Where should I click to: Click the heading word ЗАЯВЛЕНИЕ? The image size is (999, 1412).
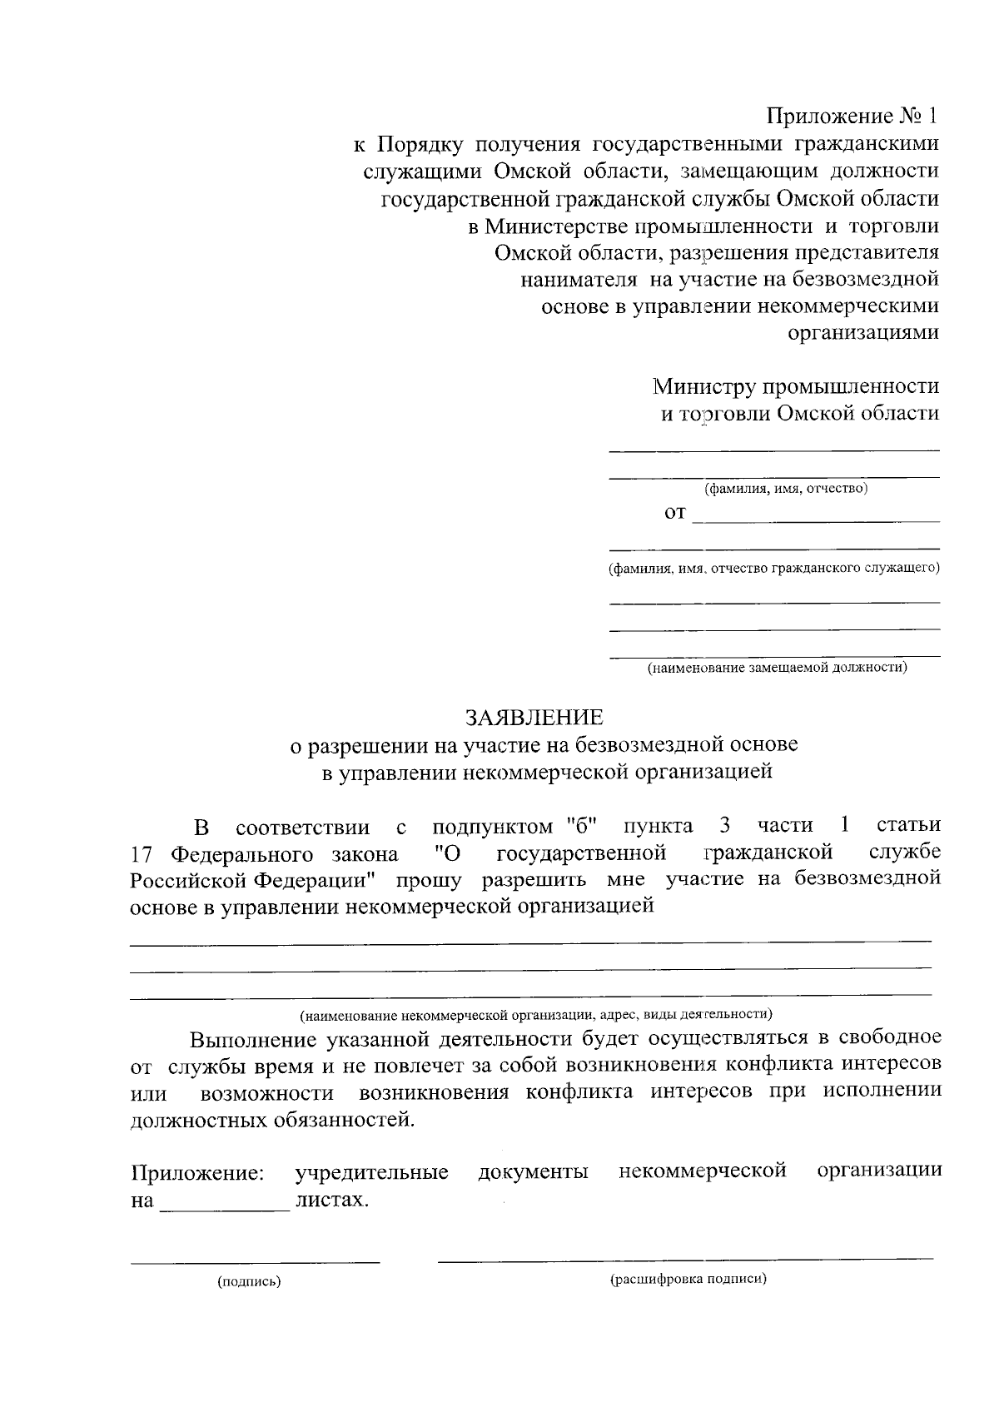tap(534, 717)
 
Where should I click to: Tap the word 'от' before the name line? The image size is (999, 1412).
tap(674, 513)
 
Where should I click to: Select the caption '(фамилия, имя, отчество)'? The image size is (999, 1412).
tap(786, 489)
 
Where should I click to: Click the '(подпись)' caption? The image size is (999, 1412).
tap(249, 1282)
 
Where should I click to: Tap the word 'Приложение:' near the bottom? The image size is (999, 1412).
tap(198, 1174)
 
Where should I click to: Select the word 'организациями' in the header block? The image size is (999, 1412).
tap(863, 332)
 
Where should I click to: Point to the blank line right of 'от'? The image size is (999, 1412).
tap(816, 521)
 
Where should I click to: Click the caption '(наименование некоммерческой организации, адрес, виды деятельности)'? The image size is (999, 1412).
tap(536, 1015)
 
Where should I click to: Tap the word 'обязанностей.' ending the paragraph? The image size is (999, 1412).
tap(344, 1120)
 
